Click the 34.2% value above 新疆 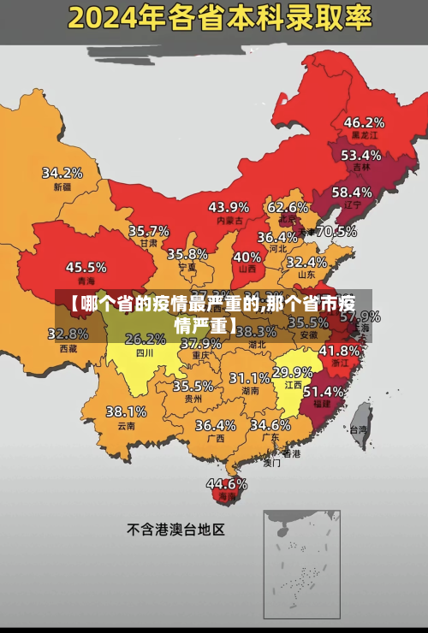pos(62,173)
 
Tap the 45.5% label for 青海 pos(86,267)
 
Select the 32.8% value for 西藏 pos(73,334)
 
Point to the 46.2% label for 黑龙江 pos(364,122)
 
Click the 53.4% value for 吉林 pos(360,155)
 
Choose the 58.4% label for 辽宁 pos(352,192)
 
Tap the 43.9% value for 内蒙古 pos(229,207)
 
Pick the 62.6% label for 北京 pos(288,207)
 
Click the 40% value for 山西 pos(247,256)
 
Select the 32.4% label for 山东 pos(306,262)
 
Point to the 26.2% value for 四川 pos(146,339)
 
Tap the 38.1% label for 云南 pos(126,411)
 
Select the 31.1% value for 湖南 pos(249,377)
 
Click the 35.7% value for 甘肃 pos(149,231)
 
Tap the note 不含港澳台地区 pos(175,529)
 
